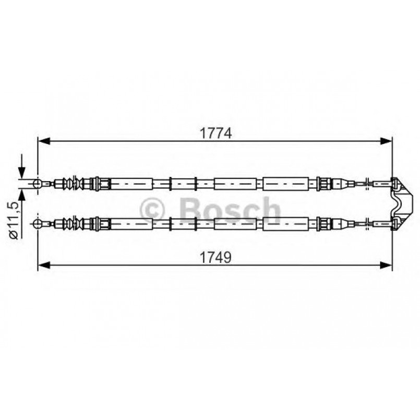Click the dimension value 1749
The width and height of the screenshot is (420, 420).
pyautogui.click(x=215, y=257)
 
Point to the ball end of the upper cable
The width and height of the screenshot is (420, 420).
pyautogui.click(x=37, y=183)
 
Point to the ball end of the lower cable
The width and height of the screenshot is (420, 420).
pyautogui.click(x=37, y=223)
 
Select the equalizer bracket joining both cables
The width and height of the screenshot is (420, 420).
pyautogui.click(x=399, y=203)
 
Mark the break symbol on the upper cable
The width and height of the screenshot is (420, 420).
pyautogui.click(x=369, y=183)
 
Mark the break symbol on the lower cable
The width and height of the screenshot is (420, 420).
pyautogui.click(x=369, y=223)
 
